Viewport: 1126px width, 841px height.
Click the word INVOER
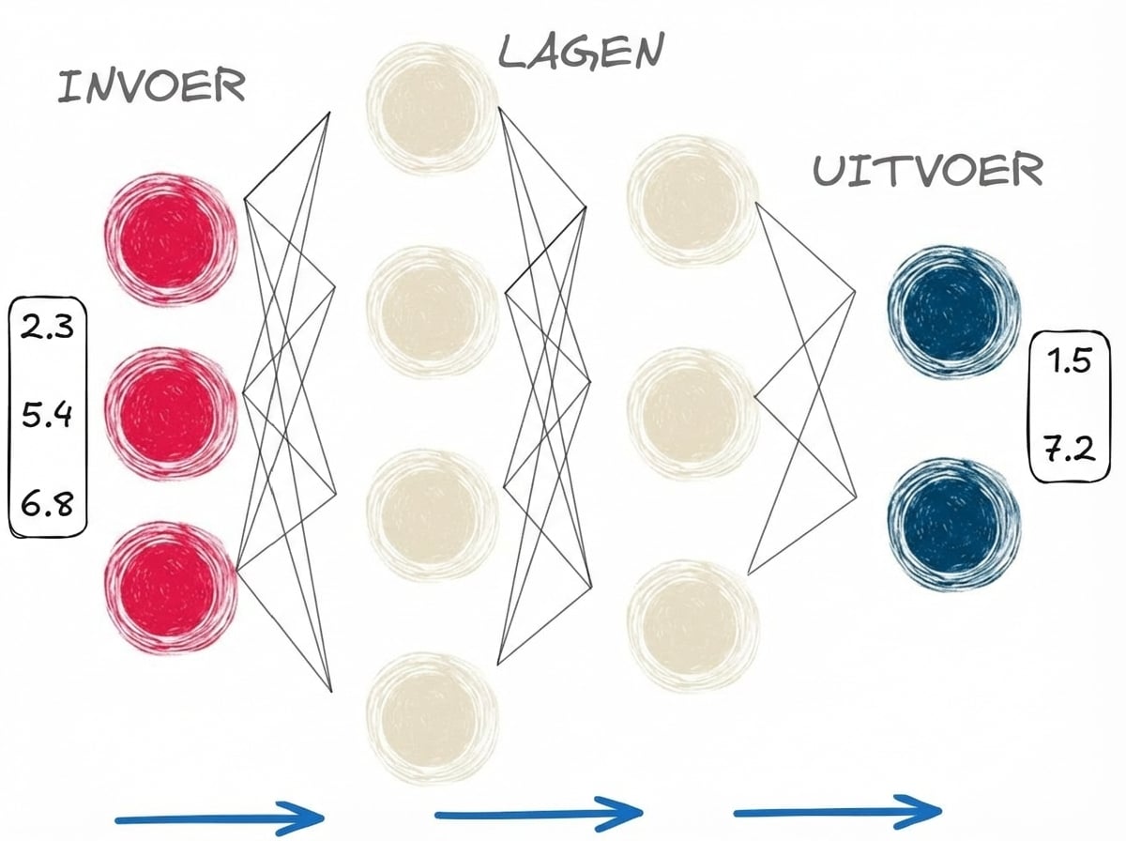pos(151,87)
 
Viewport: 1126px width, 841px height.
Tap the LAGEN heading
pos(579,53)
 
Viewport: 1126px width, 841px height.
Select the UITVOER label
pos(927,172)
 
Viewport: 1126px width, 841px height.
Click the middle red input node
pos(172,413)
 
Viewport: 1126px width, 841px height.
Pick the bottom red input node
pos(172,587)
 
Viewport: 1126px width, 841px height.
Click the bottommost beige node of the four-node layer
pos(433,719)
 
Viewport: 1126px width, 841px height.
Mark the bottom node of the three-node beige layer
pos(692,623)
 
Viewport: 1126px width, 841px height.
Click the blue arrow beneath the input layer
pos(221,813)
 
